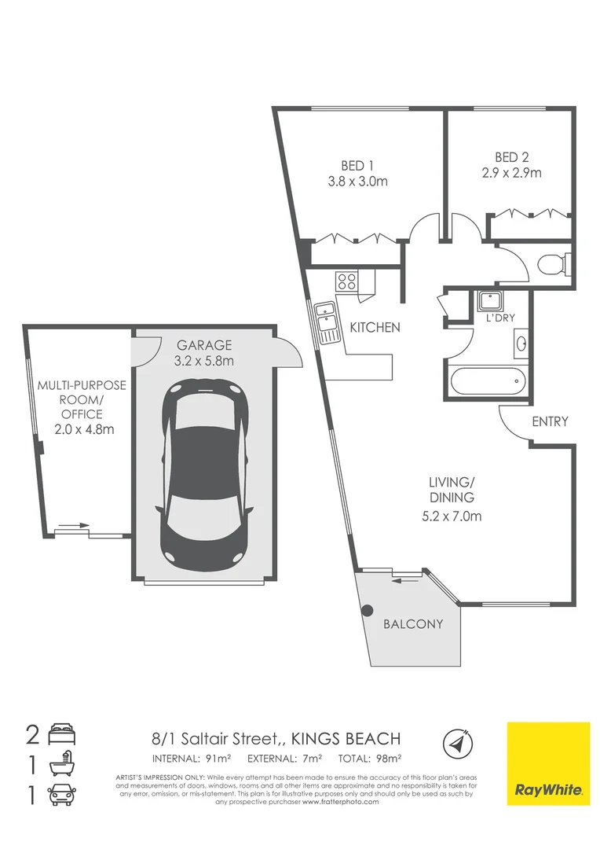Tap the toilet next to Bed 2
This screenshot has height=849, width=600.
point(554,263)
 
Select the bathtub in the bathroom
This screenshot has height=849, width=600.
point(487,383)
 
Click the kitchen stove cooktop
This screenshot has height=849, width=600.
point(346,281)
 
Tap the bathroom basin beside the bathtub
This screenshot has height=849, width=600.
point(521,344)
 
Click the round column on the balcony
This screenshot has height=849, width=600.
point(367,609)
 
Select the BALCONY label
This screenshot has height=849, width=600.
point(413,625)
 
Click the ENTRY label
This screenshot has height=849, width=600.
point(549,422)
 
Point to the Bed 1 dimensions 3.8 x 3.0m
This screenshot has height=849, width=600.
point(358,182)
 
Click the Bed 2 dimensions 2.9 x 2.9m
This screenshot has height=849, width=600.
point(513,173)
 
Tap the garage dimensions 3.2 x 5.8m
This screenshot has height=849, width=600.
point(204,362)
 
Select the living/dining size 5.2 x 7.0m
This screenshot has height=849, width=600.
point(450,516)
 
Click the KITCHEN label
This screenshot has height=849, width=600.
point(375,328)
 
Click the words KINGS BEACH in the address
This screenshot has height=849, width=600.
point(346,739)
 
